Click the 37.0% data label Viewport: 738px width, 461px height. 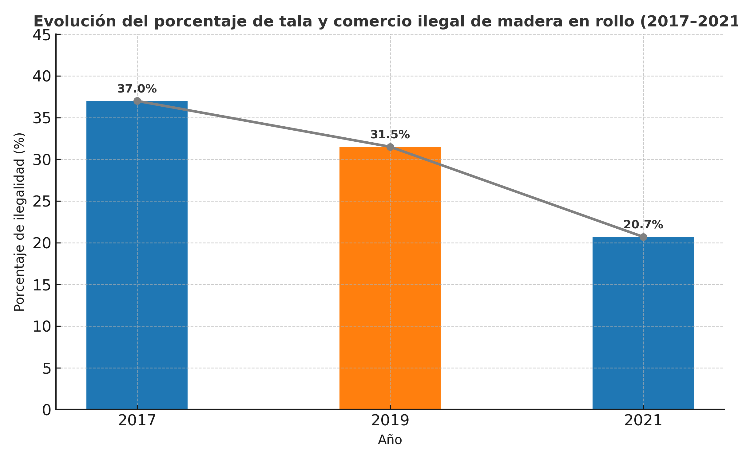point(137,89)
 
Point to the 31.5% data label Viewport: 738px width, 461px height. point(390,135)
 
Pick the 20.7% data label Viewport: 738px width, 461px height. point(643,225)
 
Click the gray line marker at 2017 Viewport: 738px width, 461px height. point(137,101)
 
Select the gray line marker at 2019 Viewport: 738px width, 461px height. point(390,147)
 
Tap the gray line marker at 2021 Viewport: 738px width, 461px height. point(643,237)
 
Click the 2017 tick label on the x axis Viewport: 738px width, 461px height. point(137,421)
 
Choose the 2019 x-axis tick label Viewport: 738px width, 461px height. point(390,421)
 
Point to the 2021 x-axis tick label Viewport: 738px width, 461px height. point(643,421)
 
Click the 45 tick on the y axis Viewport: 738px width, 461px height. point(42,35)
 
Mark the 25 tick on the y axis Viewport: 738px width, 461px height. point(42,202)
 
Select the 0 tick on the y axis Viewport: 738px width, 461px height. point(46,410)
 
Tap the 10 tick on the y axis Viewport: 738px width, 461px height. point(42,327)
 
